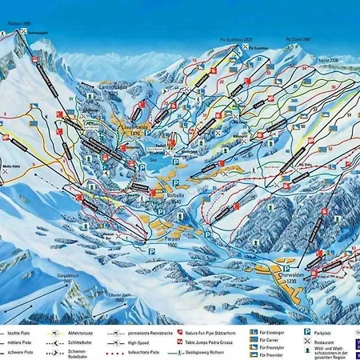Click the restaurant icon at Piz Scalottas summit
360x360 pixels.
pyautogui.click(x=245, y=47)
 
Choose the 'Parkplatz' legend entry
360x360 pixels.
pyautogui.click(x=328, y=330)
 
